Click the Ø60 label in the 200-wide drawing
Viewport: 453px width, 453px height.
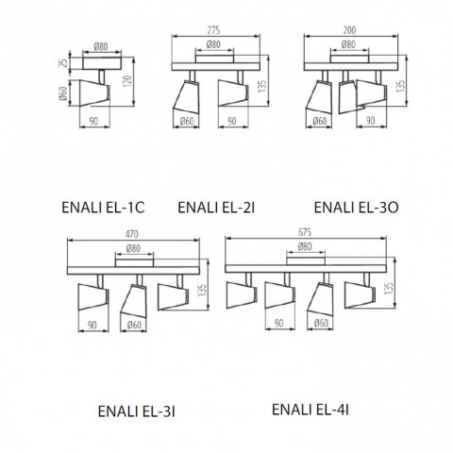point(321,121)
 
